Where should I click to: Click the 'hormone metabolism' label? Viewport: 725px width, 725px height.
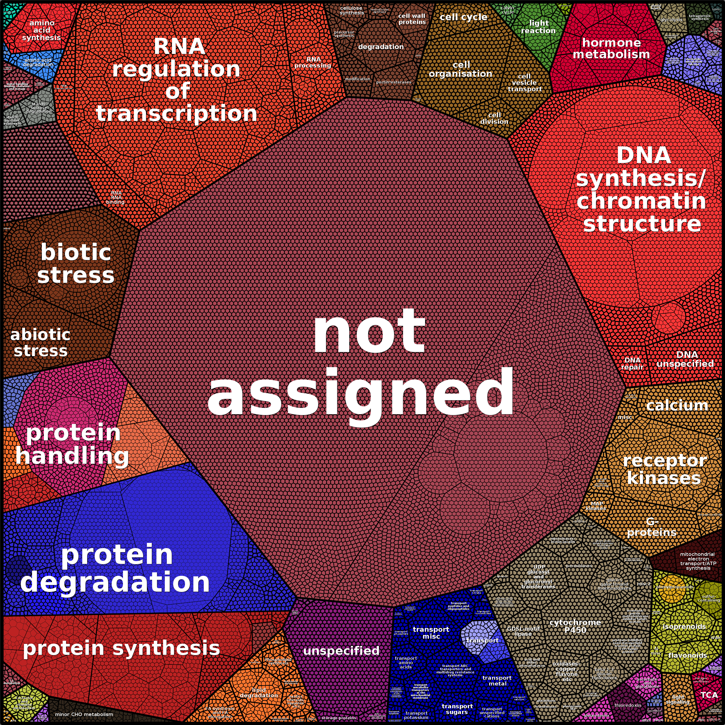click(x=611, y=48)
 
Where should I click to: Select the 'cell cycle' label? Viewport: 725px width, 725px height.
click(x=464, y=17)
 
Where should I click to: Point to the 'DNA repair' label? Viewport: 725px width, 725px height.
click(x=632, y=363)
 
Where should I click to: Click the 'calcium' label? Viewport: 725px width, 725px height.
click(x=677, y=405)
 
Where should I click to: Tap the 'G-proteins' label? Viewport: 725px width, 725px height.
click(x=652, y=527)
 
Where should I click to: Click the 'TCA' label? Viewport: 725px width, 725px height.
click(x=709, y=695)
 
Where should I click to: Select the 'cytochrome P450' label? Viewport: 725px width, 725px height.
click(x=575, y=626)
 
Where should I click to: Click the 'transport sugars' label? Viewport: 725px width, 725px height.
click(x=457, y=709)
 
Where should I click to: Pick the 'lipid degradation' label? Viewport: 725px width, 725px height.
click(x=259, y=692)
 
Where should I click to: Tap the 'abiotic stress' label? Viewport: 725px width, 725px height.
click(x=40, y=343)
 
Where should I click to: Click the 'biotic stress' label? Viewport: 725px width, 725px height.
click(x=76, y=264)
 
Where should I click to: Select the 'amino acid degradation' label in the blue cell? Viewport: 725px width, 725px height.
click(x=38, y=62)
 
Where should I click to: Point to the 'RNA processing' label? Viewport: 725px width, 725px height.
click(x=313, y=62)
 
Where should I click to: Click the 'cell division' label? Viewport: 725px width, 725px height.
click(x=494, y=118)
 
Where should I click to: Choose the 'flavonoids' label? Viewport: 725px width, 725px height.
click(x=687, y=655)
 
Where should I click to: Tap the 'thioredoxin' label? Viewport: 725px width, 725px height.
click(x=628, y=705)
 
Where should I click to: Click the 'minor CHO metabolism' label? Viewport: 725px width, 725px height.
click(x=84, y=714)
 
